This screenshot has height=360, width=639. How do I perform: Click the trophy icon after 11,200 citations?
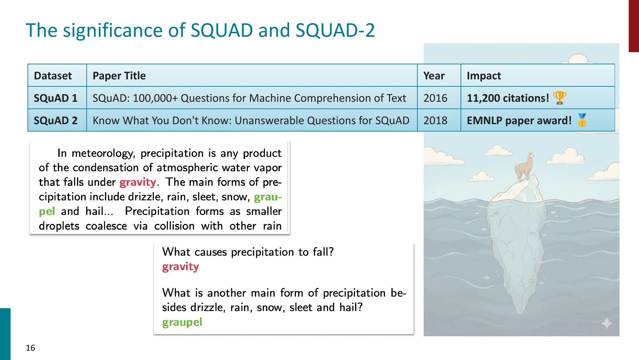click(559, 98)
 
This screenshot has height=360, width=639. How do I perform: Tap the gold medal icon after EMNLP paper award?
click(582, 120)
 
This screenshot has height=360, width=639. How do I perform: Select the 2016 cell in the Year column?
click(435, 98)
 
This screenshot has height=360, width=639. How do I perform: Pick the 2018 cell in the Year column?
click(435, 120)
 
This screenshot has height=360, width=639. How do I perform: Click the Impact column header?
click(484, 76)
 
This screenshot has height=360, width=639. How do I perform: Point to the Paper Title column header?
click(119, 76)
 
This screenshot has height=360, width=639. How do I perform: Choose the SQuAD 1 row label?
click(56, 98)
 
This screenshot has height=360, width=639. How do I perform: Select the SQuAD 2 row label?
click(56, 120)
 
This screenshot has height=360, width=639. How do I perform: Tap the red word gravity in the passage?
click(138, 182)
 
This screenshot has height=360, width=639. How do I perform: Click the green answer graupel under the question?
click(182, 322)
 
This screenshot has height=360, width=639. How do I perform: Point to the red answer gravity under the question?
click(180, 267)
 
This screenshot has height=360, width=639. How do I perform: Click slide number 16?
click(30, 348)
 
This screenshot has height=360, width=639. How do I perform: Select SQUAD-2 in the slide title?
click(335, 30)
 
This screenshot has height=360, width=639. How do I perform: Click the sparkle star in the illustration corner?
click(607, 324)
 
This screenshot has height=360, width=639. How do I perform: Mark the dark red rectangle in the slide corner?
click(634, 26)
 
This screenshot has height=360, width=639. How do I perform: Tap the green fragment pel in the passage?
click(47, 212)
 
